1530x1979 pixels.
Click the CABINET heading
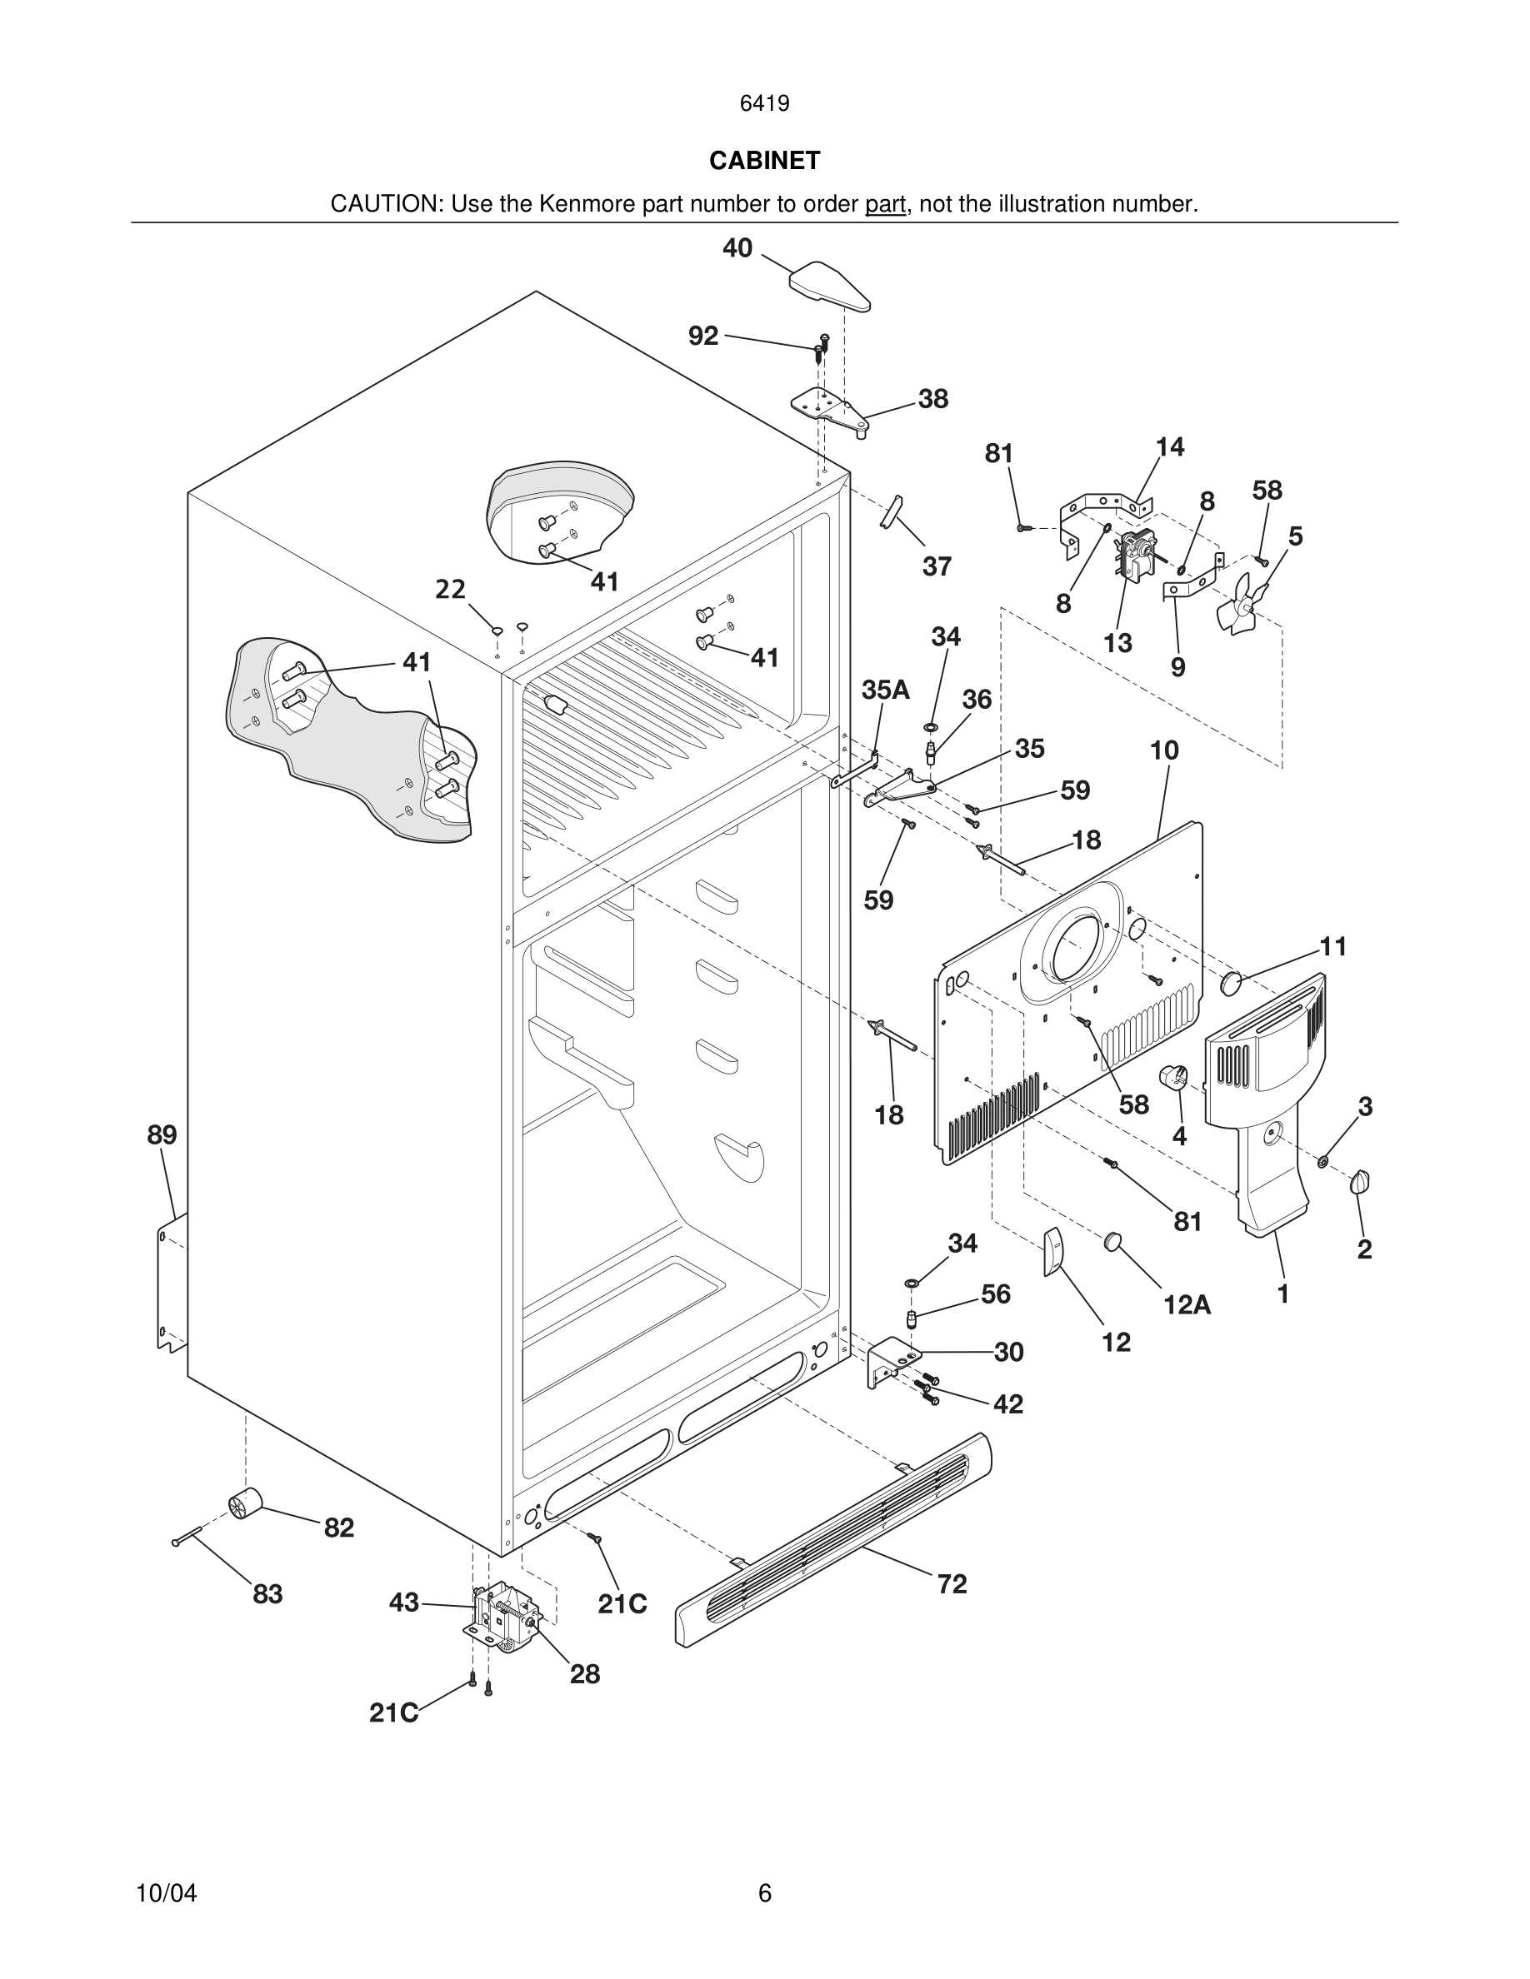pyautogui.click(x=764, y=161)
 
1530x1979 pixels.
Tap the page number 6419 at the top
pyautogui.click(x=764, y=104)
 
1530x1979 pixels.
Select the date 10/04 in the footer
pyautogui.click(x=166, y=1893)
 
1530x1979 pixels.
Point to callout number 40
pyautogui.click(x=737, y=248)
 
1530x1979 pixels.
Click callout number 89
pyautogui.click(x=162, y=1134)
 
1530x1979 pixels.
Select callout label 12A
pyautogui.click(x=1187, y=1305)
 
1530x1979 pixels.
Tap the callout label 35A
pyautogui.click(x=886, y=690)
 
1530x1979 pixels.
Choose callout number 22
pyautogui.click(x=451, y=590)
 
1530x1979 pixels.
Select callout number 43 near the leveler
pyautogui.click(x=404, y=1603)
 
